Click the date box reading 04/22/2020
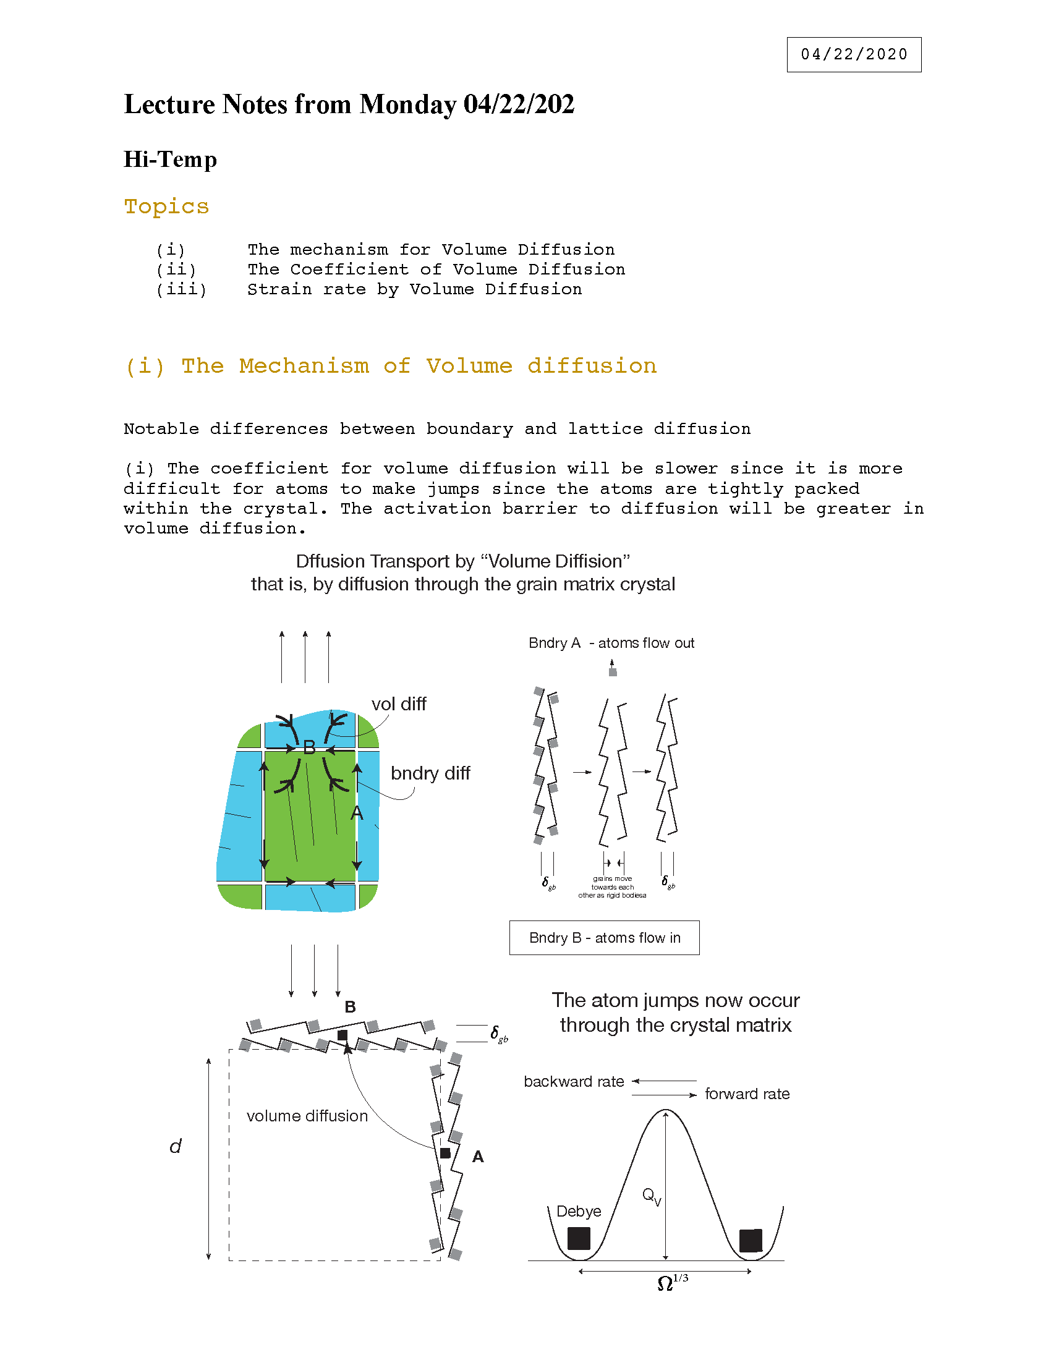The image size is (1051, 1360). tap(854, 55)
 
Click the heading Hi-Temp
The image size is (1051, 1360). tap(170, 159)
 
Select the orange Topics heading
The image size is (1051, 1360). tap(166, 206)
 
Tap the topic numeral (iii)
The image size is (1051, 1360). tap(181, 289)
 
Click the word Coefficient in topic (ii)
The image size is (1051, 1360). tap(349, 270)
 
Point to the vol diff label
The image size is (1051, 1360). tap(399, 704)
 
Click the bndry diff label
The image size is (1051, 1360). tap(430, 773)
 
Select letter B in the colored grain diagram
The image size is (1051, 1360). tap(309, 747)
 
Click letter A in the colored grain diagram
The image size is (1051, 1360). tap(356, 813)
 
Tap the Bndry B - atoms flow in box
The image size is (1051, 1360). tap(604, 938)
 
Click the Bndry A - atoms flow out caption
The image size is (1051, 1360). tap(611, 644)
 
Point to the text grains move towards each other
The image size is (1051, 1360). tap(612, 886)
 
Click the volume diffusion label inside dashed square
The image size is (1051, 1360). tap(307, 1116)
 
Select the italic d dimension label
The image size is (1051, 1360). tap(176, 1146)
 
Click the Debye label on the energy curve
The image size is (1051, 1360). tap(579, 1211)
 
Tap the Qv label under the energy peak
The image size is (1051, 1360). tap(651, 1196)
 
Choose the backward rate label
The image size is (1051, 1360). tap(574, 1082)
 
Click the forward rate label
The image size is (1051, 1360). tap(747, 1094)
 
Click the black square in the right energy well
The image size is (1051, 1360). tap(751, 1241)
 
